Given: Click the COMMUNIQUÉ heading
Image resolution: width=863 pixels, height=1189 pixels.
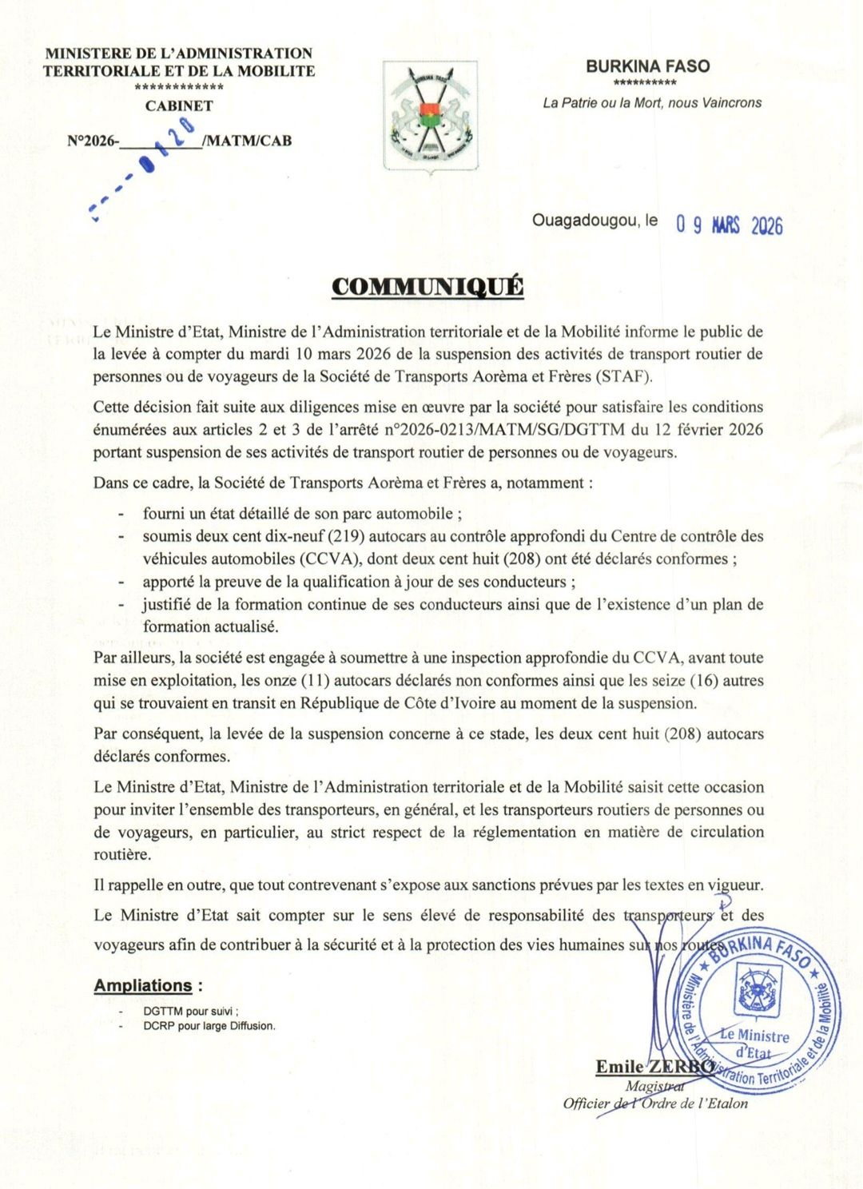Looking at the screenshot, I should coord(428,287).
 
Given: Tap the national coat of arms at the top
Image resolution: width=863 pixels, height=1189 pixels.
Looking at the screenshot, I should coord(430,116).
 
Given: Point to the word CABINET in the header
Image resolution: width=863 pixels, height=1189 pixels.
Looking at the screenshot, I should coord(179,105).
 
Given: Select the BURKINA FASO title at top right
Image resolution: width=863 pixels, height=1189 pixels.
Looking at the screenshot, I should coord(647,66).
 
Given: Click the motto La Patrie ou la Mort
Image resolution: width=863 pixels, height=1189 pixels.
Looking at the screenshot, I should coord(652,102).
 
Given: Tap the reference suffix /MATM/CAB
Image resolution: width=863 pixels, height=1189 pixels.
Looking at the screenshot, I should coord(248,141).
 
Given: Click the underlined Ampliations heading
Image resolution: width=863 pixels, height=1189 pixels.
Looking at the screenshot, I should coord(143,985).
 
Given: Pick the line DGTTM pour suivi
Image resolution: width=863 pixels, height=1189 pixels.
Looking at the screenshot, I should coord(191,1011).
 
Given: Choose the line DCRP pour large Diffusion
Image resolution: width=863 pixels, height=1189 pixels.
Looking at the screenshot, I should coord(209,1026).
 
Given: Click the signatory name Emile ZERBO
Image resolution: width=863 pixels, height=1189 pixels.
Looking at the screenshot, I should coord(654,1066).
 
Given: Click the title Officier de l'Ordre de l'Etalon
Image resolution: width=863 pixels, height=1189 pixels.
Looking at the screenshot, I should coord(655,1104).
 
